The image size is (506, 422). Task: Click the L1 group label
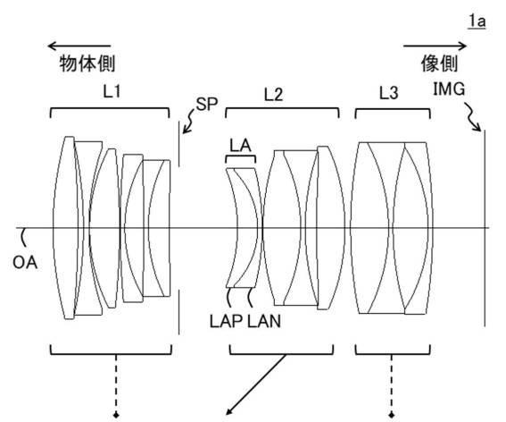click(112, 91)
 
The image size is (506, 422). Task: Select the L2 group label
click(273, 95)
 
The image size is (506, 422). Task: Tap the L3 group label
click(388, 93)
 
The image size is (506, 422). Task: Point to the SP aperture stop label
click(207, 104)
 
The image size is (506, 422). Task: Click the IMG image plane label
click(449, 89)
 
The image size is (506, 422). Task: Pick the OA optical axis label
click(25, 262)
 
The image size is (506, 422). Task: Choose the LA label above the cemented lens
click(240, 146)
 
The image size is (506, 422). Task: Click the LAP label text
click(226, 322)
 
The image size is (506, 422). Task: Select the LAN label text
click(264, 322)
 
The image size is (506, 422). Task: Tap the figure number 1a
click(477, 21)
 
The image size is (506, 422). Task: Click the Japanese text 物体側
click(87, 63)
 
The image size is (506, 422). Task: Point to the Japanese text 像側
click(440, 63)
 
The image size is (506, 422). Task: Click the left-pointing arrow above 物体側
click(79, 46)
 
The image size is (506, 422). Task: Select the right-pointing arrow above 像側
click(435, 46)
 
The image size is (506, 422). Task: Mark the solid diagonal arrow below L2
click(256, 384)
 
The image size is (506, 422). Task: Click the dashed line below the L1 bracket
click(116, 384)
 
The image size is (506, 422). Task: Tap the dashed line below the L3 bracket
click(392, 384)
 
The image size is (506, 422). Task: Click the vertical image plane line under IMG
click(484, 228)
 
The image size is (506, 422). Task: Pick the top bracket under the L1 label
click(110, 109)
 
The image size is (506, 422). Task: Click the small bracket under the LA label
click(240, 156)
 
